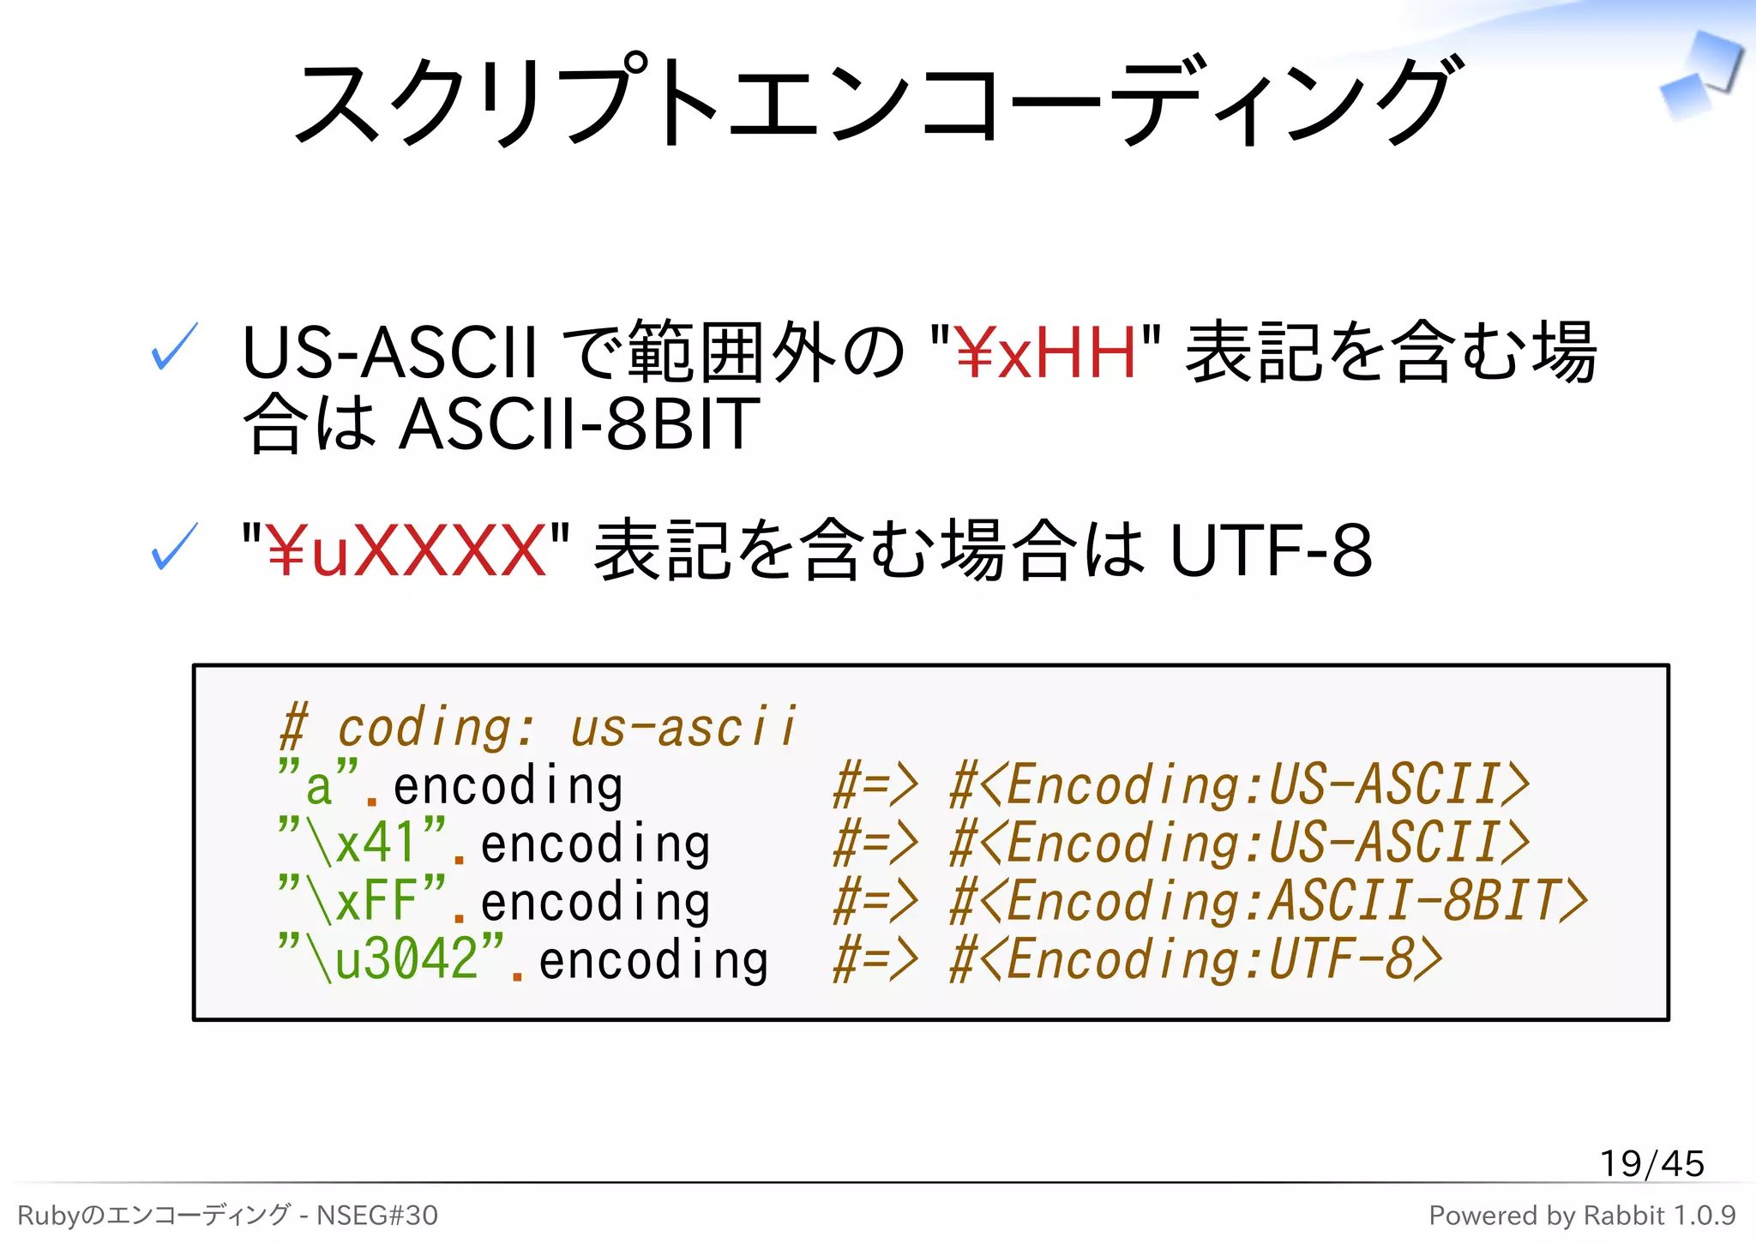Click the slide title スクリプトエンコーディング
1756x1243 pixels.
tap(876, 101)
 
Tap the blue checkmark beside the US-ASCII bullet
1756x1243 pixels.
tap(174, 347)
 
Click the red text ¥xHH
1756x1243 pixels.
tap(1045, 353)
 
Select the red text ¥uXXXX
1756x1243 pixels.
tap(406, 551)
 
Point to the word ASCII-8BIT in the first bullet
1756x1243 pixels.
tap(580, 424)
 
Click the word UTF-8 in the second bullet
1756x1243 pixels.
tap(1271, 551)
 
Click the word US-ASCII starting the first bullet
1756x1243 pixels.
tap(389, 353)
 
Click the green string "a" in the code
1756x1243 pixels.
tap(318, 784)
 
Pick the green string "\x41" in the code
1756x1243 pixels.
tap(362, 842)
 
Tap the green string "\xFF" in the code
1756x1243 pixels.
tap(362, 900)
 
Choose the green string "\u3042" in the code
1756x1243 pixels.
tap(391, 958)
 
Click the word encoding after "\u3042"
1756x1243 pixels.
tap(653, 960)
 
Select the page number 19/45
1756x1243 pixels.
tap(1651, 1163)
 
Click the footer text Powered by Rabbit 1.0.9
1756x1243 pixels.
tap(1582, 1216)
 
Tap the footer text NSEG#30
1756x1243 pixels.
tap(377, 1216)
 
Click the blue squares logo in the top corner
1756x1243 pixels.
tap(1701, 77)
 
